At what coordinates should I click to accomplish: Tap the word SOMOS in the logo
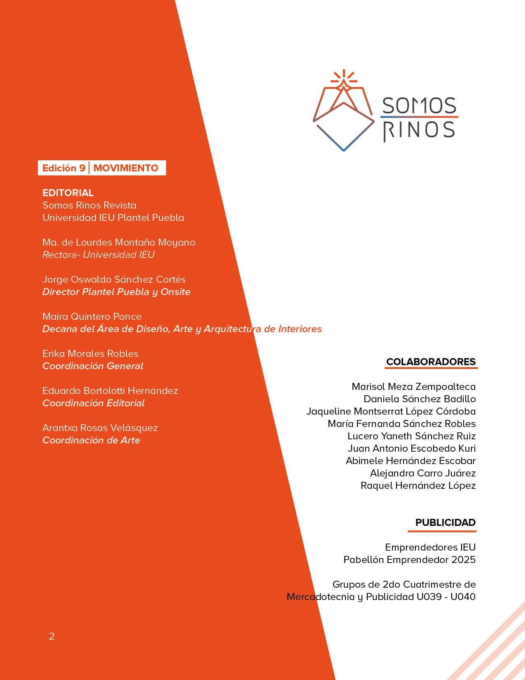click(x=419, y=106)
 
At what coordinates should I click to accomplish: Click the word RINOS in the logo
click(x=419, y=131)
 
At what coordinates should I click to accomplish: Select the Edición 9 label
click(x=64, y=168)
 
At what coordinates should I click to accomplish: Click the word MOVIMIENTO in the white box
click(x=126, y=168)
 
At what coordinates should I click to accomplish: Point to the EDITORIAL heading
click(x=68, y=193)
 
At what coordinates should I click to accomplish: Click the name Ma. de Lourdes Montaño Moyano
click(x=119, y=242)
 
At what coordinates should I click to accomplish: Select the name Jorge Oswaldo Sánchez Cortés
click(x=114, y=279)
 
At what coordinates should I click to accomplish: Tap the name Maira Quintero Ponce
click(x=92, y=317)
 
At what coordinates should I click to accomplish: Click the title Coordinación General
click(x=93, y=366)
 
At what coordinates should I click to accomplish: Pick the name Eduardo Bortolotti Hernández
click(x=110, y=391)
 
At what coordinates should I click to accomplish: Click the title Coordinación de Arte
click(x=91, y=440)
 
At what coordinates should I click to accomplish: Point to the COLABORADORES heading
click(x=431, y=362)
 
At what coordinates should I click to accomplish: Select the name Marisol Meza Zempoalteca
click(x=413, y=387)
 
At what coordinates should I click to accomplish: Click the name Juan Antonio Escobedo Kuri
click(x=411, y=448)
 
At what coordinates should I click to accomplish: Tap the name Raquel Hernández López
click(x=418, y=485)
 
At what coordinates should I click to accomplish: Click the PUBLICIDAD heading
click(x=445, y=523)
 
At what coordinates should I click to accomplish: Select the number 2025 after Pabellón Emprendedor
click(x=463, y=560)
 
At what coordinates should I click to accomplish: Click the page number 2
click(x=51, y=636)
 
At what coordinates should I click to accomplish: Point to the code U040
click(x=463, y=597)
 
